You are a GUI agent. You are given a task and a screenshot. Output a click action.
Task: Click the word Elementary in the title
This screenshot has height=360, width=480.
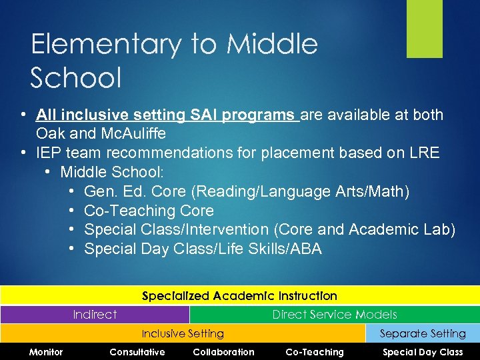tap(105, 45)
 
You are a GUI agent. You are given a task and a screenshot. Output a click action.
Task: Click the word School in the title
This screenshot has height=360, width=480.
tap(76, 78)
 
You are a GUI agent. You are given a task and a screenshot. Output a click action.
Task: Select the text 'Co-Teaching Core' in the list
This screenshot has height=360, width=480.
tap(149, 211)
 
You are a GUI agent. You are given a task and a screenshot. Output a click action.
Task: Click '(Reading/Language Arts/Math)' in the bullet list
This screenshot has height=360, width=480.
tap(300, 191)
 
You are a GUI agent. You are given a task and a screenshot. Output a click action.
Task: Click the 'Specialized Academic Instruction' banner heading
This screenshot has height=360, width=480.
tap(239, 295)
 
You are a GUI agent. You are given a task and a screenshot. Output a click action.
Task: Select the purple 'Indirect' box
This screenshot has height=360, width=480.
tap(95, 315)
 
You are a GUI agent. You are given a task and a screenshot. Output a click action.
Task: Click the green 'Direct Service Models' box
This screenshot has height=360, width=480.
tap(334, 315)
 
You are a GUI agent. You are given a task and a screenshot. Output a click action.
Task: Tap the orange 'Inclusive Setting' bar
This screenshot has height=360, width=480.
tap(183, 333)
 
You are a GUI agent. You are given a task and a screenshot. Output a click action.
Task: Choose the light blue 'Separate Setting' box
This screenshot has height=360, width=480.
tap(423, 333)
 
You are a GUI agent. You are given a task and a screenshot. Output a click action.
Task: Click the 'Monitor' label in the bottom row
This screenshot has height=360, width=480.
tap(46, 352)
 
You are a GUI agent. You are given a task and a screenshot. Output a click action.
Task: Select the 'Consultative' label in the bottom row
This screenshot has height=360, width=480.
tap(137, 352)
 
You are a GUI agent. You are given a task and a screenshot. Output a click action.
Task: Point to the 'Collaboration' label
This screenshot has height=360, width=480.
tap(223, 352)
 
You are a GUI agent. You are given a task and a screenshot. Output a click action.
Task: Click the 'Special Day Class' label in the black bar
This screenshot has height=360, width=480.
tap(423, 352)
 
